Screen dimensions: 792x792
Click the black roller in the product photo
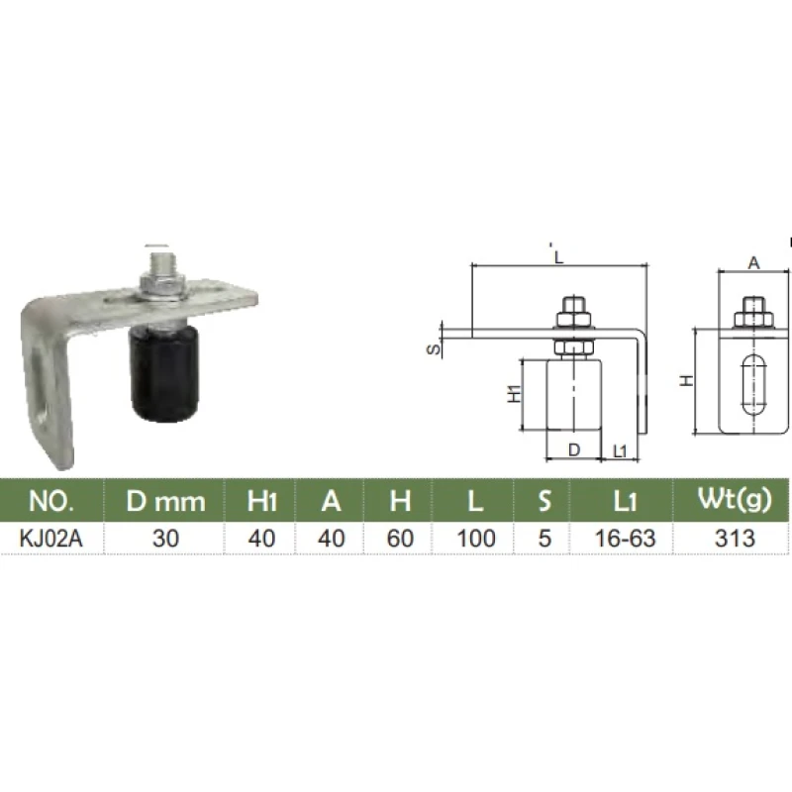(x=163, y=373)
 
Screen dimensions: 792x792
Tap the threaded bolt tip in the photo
(x=162, y=261)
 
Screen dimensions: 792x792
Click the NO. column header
(x=51, y=501)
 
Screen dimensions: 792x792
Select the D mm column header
(x=165, y=502)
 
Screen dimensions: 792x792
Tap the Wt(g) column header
(x=735, y=500)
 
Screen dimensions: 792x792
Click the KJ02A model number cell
(x=51, y=539)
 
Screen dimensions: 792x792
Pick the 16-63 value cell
(x=625, y=539)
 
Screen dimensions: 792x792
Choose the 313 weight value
(x=735, y=539)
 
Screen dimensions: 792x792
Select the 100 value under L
(x=475, y=539)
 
